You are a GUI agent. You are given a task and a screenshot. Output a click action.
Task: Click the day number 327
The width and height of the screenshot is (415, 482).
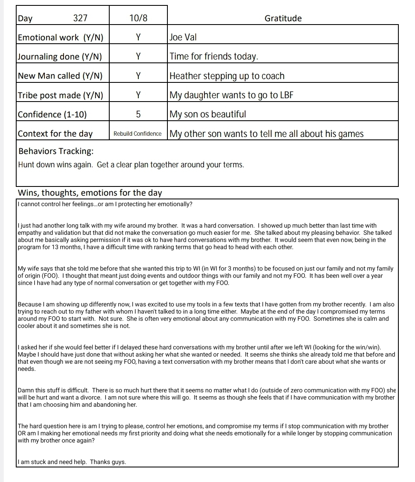(x=80, y=18)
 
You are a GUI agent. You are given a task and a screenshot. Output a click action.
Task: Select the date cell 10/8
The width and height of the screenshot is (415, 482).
(x=138, y=18)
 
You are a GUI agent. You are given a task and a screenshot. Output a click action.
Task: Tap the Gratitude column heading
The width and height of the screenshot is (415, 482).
(x=283, y=18)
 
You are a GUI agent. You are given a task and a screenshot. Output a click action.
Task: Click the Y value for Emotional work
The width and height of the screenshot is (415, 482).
(x=138, y=37)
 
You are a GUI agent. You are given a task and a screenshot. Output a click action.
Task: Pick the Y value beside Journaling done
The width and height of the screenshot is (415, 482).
(x=138, y=57)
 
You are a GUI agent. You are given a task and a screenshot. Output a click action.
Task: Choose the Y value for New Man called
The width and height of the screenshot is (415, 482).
(x=138, y=76)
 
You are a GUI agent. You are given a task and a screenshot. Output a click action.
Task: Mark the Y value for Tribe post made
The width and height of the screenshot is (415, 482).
(x=138, y=95)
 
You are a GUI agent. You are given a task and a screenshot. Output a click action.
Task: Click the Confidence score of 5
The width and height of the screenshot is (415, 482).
(x=138, y=114)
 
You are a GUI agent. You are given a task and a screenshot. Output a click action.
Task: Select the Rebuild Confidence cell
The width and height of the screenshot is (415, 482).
(x=138, y=134)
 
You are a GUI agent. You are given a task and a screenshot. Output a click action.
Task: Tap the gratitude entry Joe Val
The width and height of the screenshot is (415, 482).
(x=183, y=37)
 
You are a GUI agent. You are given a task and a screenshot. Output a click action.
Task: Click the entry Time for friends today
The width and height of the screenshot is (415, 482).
(x=214, y=57)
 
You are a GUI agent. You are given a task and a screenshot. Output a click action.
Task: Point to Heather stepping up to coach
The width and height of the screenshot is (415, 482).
(x=227, y=76)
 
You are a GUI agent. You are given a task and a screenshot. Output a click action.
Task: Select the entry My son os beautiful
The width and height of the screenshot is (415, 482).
(x=208, y=114)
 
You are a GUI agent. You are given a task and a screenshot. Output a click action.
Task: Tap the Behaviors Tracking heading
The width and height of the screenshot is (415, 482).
(x=56, y=151)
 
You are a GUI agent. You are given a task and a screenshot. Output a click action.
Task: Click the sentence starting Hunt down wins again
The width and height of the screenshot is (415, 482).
(x=131, y=165)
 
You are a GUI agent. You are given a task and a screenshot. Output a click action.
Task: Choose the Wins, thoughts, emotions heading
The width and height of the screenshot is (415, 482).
(x=90, y=193)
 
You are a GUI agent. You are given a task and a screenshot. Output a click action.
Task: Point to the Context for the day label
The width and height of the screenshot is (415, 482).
(x=55, y=134)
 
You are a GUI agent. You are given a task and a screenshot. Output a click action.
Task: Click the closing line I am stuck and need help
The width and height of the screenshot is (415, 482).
(x=71, y=462)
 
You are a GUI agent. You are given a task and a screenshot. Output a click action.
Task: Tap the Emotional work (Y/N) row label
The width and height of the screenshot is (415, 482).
(x=60, y=37)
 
